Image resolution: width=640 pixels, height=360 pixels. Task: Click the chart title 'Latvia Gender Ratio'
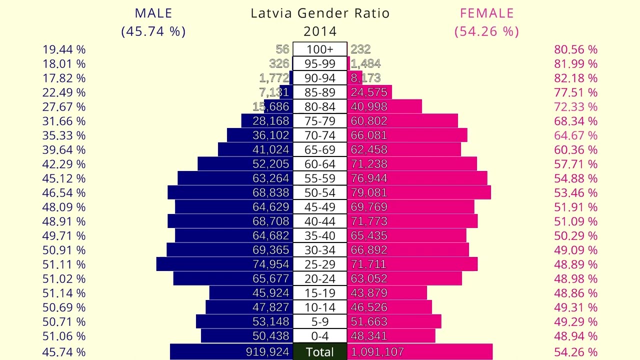click(320, 13)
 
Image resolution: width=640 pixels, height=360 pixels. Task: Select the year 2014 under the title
click(320, 31)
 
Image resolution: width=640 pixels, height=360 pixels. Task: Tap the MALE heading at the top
click(153, 13)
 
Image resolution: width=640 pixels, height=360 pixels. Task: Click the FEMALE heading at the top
click(486, 13)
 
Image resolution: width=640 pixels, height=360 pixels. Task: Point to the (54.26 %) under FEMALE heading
click(486, 31)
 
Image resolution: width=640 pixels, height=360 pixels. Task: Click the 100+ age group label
click(320, 49)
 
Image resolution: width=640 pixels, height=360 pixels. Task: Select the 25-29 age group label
click(320, 264)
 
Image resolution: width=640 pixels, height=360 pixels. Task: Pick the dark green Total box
click(320, 352)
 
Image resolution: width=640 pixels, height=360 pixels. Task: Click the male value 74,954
click(270, 264)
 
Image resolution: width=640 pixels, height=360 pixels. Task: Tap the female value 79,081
click(369, 193)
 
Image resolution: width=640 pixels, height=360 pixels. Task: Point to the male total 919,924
click(267, 352)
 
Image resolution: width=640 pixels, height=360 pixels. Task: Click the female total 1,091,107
click(377, 352)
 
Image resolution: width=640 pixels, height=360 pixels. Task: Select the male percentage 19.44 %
click(64, 49)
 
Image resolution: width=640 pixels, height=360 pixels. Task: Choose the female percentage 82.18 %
click(575, 78)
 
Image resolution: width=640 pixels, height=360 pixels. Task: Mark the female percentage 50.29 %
click(575, 236)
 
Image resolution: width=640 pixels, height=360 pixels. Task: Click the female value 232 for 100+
click(360, 49)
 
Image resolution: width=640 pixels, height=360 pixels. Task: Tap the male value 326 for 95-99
click(278, 64)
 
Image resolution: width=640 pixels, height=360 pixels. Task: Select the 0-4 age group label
click(320, 336)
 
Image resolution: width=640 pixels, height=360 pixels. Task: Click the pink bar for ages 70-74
click(430, 135)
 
